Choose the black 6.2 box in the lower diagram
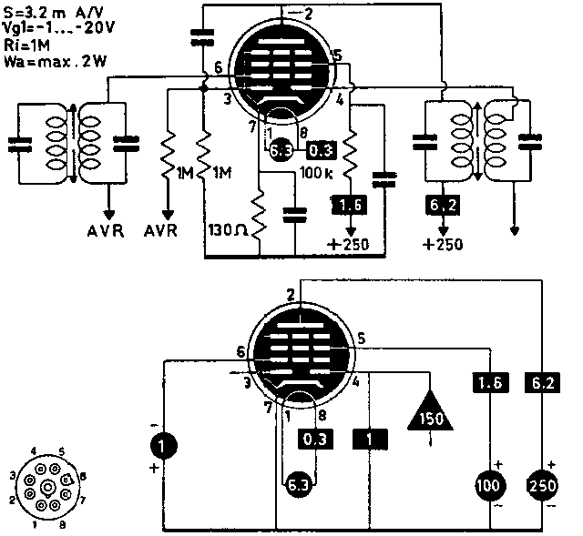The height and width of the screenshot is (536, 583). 543,383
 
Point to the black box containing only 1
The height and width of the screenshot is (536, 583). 370,440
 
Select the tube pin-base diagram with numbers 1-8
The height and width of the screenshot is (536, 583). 46,487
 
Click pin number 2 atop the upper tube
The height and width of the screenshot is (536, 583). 308,14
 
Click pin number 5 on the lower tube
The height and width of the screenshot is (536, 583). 363,339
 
